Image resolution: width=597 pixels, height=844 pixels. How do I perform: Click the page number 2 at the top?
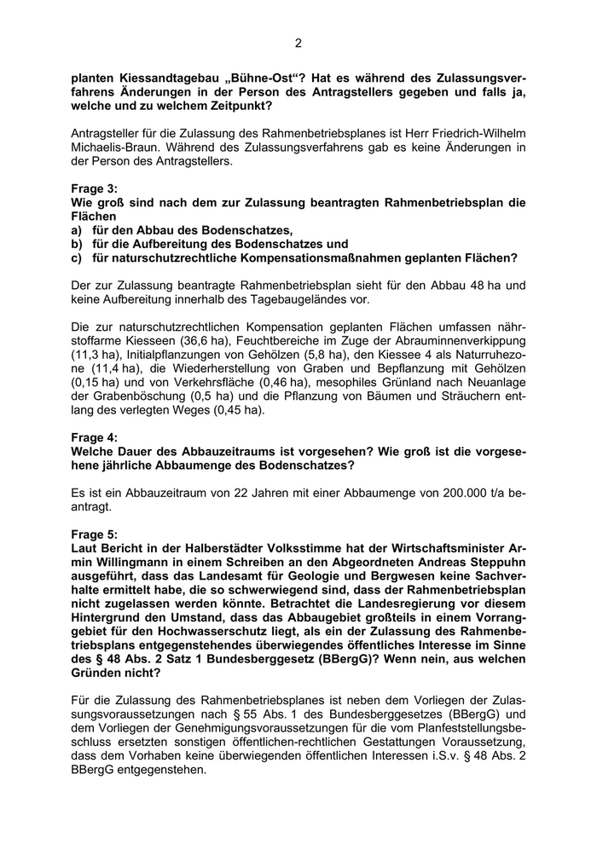[298, 43]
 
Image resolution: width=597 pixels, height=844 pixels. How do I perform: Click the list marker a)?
[77, 230]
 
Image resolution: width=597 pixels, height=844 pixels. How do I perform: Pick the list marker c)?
[77, 257]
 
